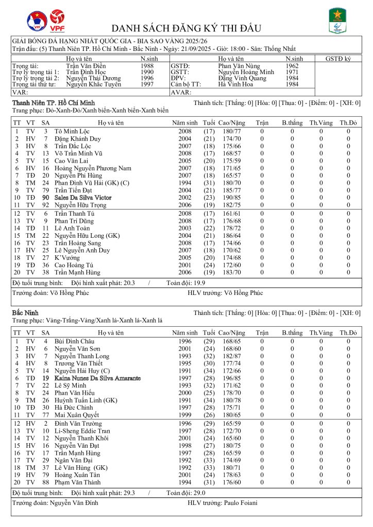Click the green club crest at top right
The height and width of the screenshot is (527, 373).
tap(337, 21)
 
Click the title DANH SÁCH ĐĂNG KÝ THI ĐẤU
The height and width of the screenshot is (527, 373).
tap(186, 28)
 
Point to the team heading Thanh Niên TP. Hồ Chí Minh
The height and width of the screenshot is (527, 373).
tap(53, 103)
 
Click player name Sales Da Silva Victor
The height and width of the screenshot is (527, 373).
tap(83, 197)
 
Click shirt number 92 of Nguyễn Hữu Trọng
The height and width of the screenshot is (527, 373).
tap(45, 204)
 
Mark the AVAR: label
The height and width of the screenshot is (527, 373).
tap(178, 93)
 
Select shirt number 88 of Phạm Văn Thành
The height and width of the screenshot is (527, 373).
tap(45, 482)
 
